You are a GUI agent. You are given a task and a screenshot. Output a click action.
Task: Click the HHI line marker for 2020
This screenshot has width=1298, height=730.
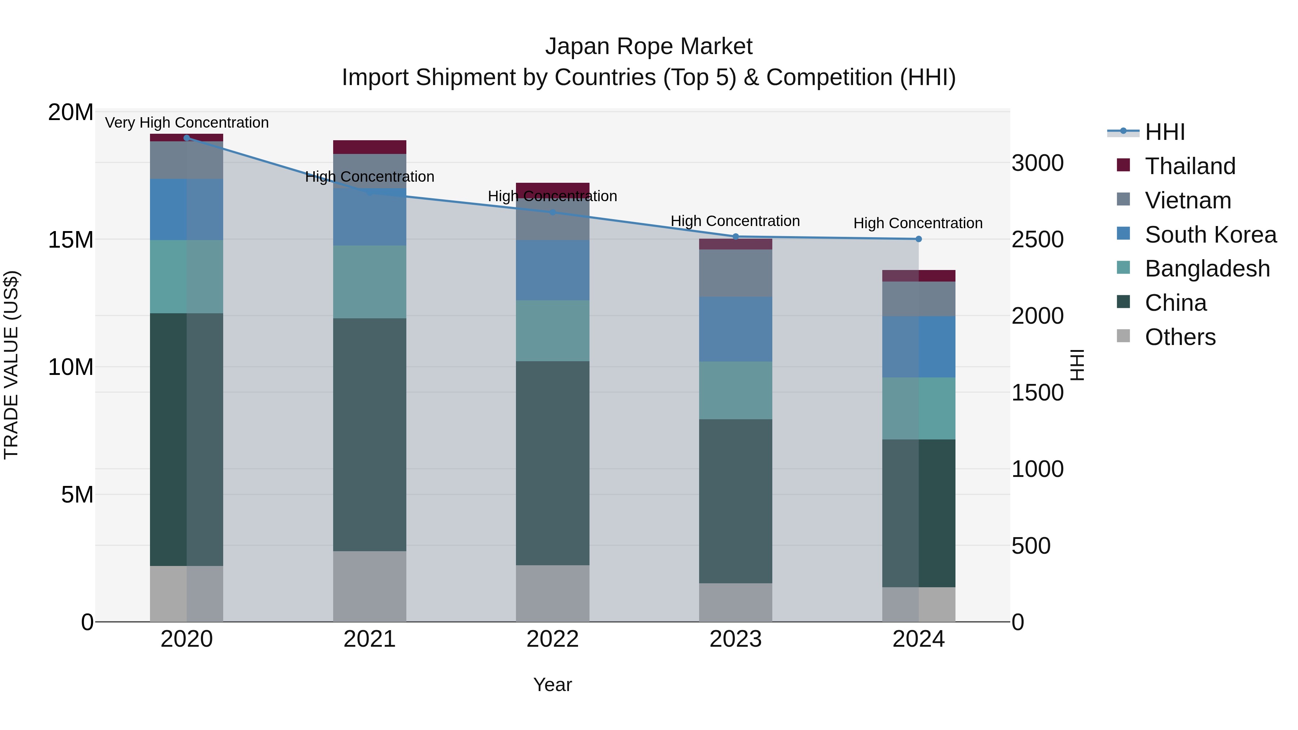point(186,138)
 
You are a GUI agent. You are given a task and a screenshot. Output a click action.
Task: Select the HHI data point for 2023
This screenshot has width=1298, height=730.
point(735,236)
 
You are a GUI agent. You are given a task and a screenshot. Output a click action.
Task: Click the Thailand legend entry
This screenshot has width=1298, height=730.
point(1190,166)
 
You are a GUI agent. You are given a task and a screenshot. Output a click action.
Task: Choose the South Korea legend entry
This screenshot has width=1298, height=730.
point(1210,235)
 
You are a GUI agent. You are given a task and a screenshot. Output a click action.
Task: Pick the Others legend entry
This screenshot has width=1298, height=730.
point(1180,337)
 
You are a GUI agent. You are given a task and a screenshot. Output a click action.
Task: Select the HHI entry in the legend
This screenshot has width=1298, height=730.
point(1165,132)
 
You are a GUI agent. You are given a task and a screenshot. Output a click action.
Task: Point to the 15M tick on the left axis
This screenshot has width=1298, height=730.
point(71,240)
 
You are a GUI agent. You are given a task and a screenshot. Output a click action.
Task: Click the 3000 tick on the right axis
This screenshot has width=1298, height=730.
point(1037,163)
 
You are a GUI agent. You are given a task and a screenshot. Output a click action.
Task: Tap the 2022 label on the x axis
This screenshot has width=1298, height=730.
point(552,639)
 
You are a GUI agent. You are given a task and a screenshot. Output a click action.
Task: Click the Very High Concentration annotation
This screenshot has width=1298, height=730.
point(186,123)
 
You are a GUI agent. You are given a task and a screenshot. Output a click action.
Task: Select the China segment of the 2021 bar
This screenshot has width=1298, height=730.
point(369,434)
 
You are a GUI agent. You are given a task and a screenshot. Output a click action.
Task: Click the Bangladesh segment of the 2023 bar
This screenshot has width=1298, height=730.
point(735,390)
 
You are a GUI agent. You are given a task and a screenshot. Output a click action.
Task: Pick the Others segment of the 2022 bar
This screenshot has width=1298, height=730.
point(552,593)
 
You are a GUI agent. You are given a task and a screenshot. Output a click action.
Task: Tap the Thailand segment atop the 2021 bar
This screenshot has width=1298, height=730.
point(369,147)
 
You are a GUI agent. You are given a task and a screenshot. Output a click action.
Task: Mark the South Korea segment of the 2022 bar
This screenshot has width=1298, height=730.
point(552,270)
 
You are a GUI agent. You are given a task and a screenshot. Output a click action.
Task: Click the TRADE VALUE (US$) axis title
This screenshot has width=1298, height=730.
point(11,365)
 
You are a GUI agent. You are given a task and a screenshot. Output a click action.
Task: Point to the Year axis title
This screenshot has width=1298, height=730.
point(552,685)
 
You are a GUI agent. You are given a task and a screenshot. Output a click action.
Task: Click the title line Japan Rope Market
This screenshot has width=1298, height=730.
point(649,47)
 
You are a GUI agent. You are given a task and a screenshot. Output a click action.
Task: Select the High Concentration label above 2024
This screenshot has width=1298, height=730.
point(918,223)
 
